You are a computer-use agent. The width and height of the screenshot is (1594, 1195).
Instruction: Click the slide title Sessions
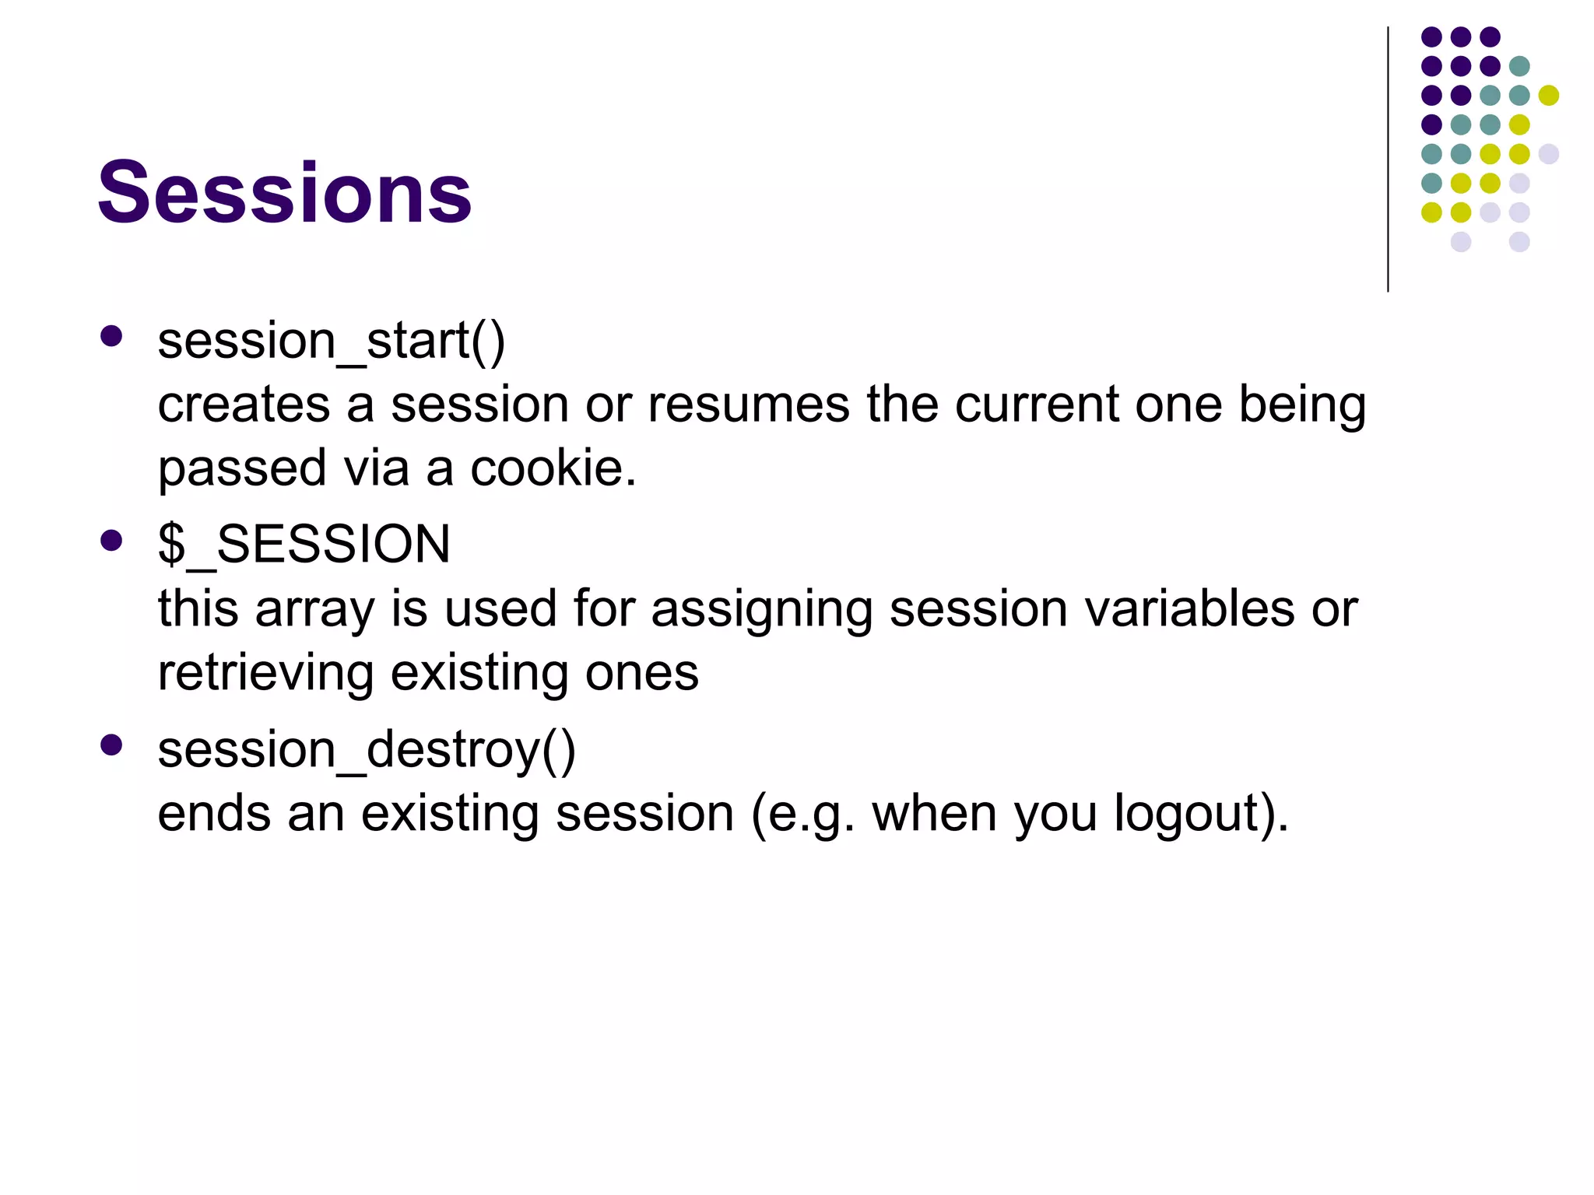284,191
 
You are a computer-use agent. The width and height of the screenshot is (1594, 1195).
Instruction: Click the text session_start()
331,341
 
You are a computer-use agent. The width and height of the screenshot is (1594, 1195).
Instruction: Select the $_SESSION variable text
304,544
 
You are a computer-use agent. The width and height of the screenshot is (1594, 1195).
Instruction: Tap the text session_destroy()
366,749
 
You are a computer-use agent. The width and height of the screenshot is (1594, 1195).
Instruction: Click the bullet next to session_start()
111,336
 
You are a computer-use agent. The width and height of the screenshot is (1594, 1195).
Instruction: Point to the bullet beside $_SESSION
111,541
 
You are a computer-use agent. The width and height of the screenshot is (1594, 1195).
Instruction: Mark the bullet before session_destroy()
111,745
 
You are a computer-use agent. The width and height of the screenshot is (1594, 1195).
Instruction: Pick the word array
314,609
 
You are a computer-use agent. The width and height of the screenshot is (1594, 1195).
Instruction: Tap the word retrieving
265,673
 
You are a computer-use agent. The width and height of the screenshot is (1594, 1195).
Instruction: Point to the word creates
244,405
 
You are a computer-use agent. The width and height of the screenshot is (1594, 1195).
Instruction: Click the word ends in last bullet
213,814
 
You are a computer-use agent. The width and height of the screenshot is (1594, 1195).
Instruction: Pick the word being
1301,405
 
